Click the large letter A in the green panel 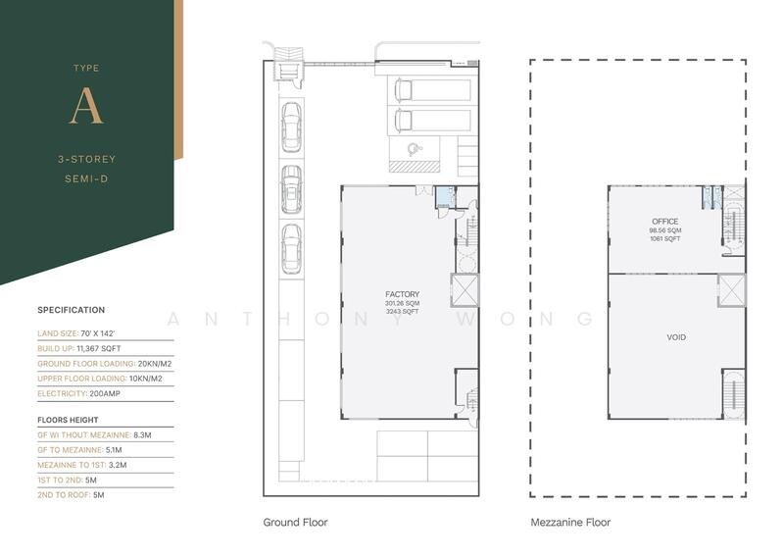[x=86, y=106]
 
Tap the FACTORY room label [x=402, y=294]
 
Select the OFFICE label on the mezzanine [x=665, y=222]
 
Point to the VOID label [x=676, y=337]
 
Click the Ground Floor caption [x=295, y=522]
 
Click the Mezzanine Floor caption [x=570, y=523]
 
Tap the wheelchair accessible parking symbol [x=415, y=149]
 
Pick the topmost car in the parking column [x=291, y=127]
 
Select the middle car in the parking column [x=291, y=190]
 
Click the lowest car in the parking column [x=291, y=249]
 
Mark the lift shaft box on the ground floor [x=465, y=289]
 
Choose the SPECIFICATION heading [x=71, y=310]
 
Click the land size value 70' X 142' [x=97, y=333]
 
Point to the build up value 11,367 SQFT [x=99, y=348]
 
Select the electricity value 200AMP [x=105, y=393]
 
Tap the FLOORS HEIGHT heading [x=68, y=420]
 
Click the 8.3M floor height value [x=142, y=434]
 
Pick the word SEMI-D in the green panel [x=86, y=178]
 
